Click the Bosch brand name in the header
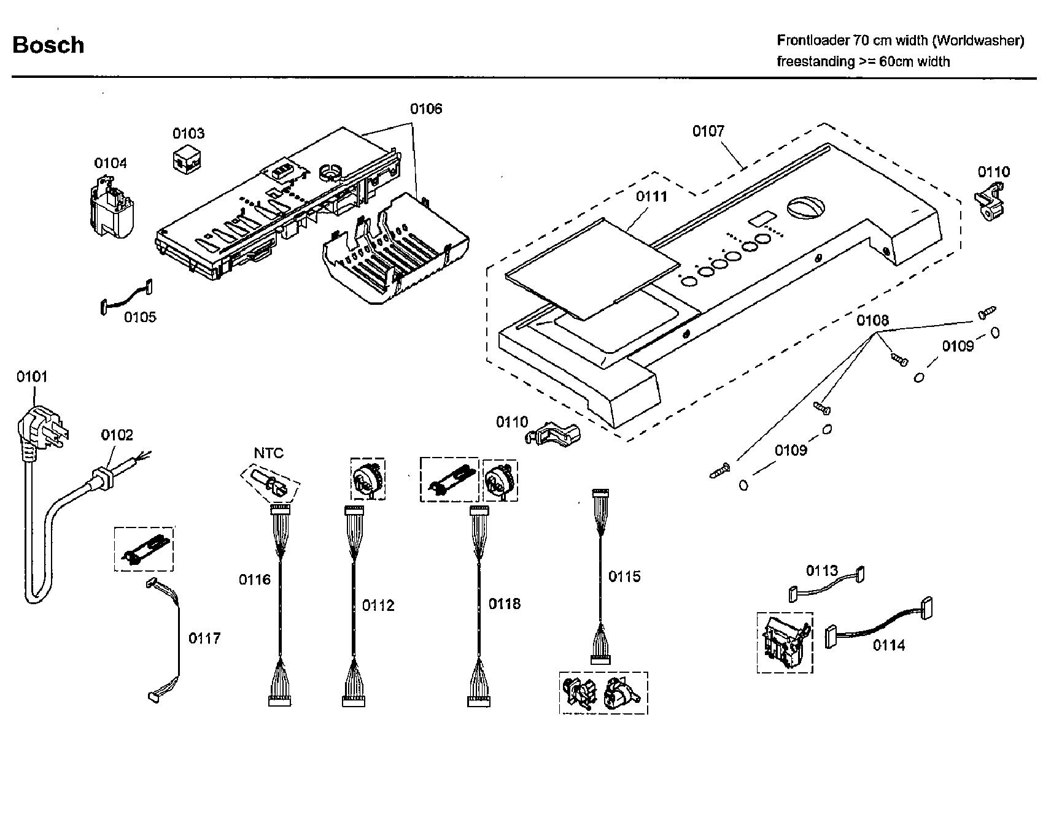[48, 45]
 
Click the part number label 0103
[188, 133]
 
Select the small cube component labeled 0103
[187, 158]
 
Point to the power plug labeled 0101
[39, 429]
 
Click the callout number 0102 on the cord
[117, 435]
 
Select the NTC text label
[269, 453]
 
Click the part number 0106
[425, 109]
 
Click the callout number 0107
[708, 131]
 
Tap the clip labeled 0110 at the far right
[990, 202]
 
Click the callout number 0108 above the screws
[872, 320]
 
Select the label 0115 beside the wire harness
[624, 576]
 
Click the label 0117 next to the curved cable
[204, 639]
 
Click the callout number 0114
[888, 645]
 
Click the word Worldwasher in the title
[978, 40]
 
